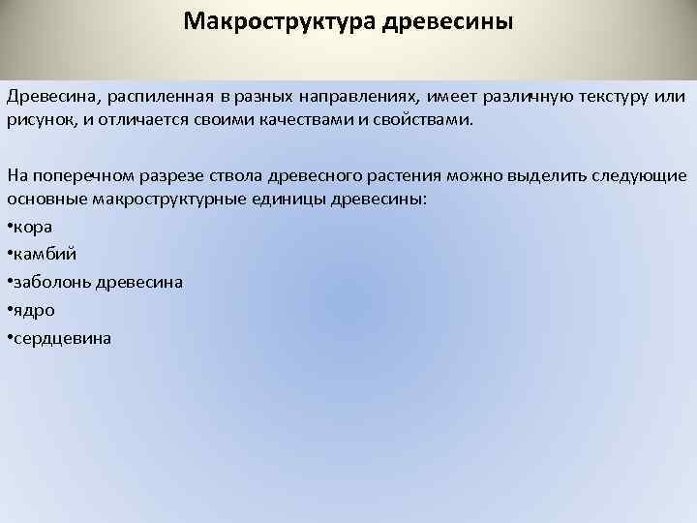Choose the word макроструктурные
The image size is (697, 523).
[163, 200]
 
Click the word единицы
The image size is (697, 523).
[280, 200]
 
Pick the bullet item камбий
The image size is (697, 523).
[43, 255]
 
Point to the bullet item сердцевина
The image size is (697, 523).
[62, 339]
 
